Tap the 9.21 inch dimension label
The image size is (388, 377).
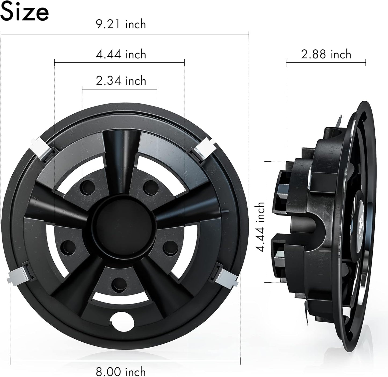(x=121, y=24)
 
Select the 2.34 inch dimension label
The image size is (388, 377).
(x=121, y=81)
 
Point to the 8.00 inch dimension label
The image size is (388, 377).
(x=121, y=371)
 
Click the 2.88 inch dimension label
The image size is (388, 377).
(x=326, y=54)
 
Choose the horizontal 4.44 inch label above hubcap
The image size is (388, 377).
(x=121, y=54)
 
